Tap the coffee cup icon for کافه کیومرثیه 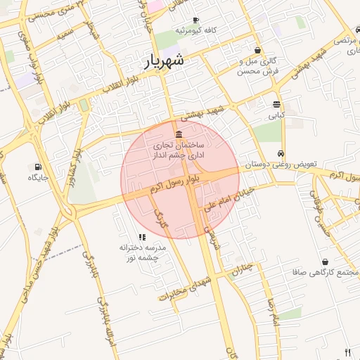(x=195, y=20)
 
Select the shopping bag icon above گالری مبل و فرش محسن (x=258, y=51)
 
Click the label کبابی (x=277, y=114)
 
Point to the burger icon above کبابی (x=277, y=104)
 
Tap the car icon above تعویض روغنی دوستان (x=281, y=153)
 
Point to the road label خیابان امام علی (x=227, y=199)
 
